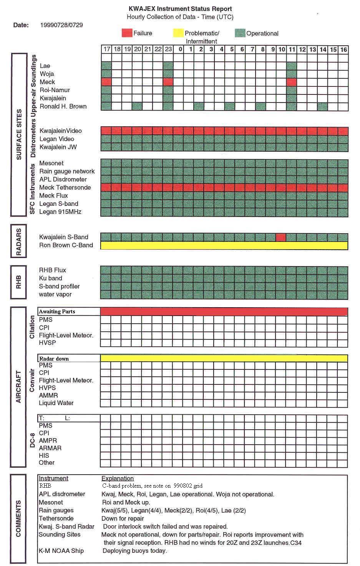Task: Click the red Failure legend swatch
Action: tap(127, 33)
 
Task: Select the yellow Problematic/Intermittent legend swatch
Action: tap(178, 33)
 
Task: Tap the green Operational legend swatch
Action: tap(240, 33)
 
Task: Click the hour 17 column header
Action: tap(106, 49)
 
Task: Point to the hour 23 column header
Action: tap(168, 49)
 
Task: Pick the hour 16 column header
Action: tap(343, 49)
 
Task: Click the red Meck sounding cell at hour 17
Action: tap(106, 82)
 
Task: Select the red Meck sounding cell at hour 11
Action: tap(292, 82)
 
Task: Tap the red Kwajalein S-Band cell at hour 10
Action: tap(281, 237)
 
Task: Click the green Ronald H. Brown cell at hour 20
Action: tap(137, 106)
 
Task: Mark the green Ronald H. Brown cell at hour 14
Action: tap(323, 106)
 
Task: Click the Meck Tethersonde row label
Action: tap(65, 187)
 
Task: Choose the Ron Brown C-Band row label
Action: tap(66, 245)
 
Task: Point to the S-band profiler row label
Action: tap(59, 286)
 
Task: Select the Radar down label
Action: tap(54, 359)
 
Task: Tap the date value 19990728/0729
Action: tap(61, 25)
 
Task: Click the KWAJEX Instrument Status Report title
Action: tap(180, 8)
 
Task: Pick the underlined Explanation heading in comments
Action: tap(117, 478)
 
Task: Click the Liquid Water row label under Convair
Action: tap(56, 403)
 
